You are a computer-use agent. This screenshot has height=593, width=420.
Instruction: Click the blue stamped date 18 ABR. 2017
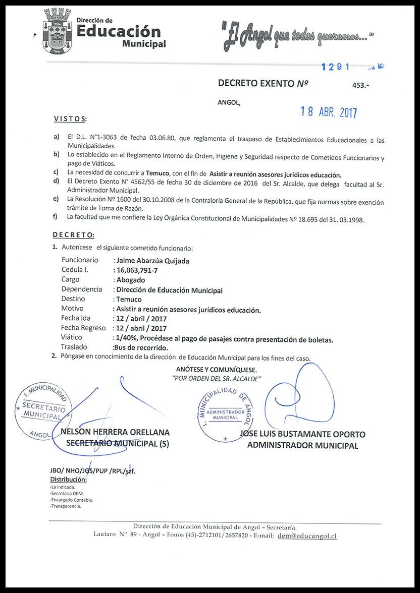pos(329,112)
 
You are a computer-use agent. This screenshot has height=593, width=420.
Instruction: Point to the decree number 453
pos(360,86)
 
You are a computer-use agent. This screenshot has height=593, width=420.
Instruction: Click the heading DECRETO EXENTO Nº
pos(262,83)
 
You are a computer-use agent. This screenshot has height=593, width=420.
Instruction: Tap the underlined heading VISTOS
pos(70,119)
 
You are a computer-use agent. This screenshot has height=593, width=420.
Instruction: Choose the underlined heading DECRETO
pos(73,235)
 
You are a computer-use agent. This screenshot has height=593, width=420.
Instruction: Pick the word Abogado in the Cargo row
pos(131,280)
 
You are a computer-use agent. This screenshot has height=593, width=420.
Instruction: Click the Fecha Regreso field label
pos(83,328)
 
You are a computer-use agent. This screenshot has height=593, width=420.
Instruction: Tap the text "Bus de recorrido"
pos(141,347)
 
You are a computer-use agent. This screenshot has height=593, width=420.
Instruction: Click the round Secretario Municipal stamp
pos(40,409)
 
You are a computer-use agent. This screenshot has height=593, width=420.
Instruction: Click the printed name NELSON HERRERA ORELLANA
pos(115,433)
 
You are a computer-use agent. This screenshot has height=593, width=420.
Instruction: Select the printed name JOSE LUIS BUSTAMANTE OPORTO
pos(302,434)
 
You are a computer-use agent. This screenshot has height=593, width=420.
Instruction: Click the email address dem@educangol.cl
pos(307,536)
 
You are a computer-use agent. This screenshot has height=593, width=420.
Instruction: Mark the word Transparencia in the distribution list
pos(66,506)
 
